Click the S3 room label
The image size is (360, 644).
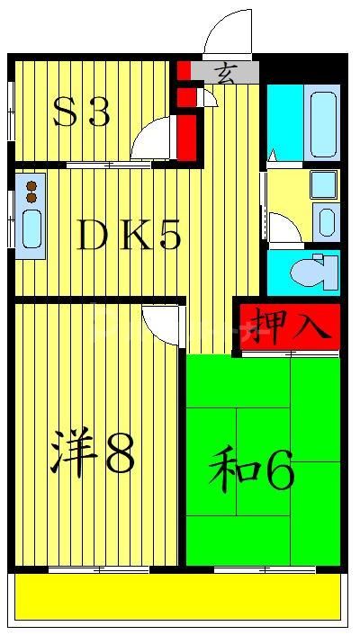point(81,113)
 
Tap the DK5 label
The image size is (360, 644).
point(130,236)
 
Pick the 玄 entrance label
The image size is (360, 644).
point(225,73)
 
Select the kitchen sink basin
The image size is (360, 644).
point(31,229)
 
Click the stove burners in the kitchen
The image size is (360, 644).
point(31,191)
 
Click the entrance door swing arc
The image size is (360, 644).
point(227,33)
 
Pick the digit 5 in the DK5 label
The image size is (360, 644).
point(167,236)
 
